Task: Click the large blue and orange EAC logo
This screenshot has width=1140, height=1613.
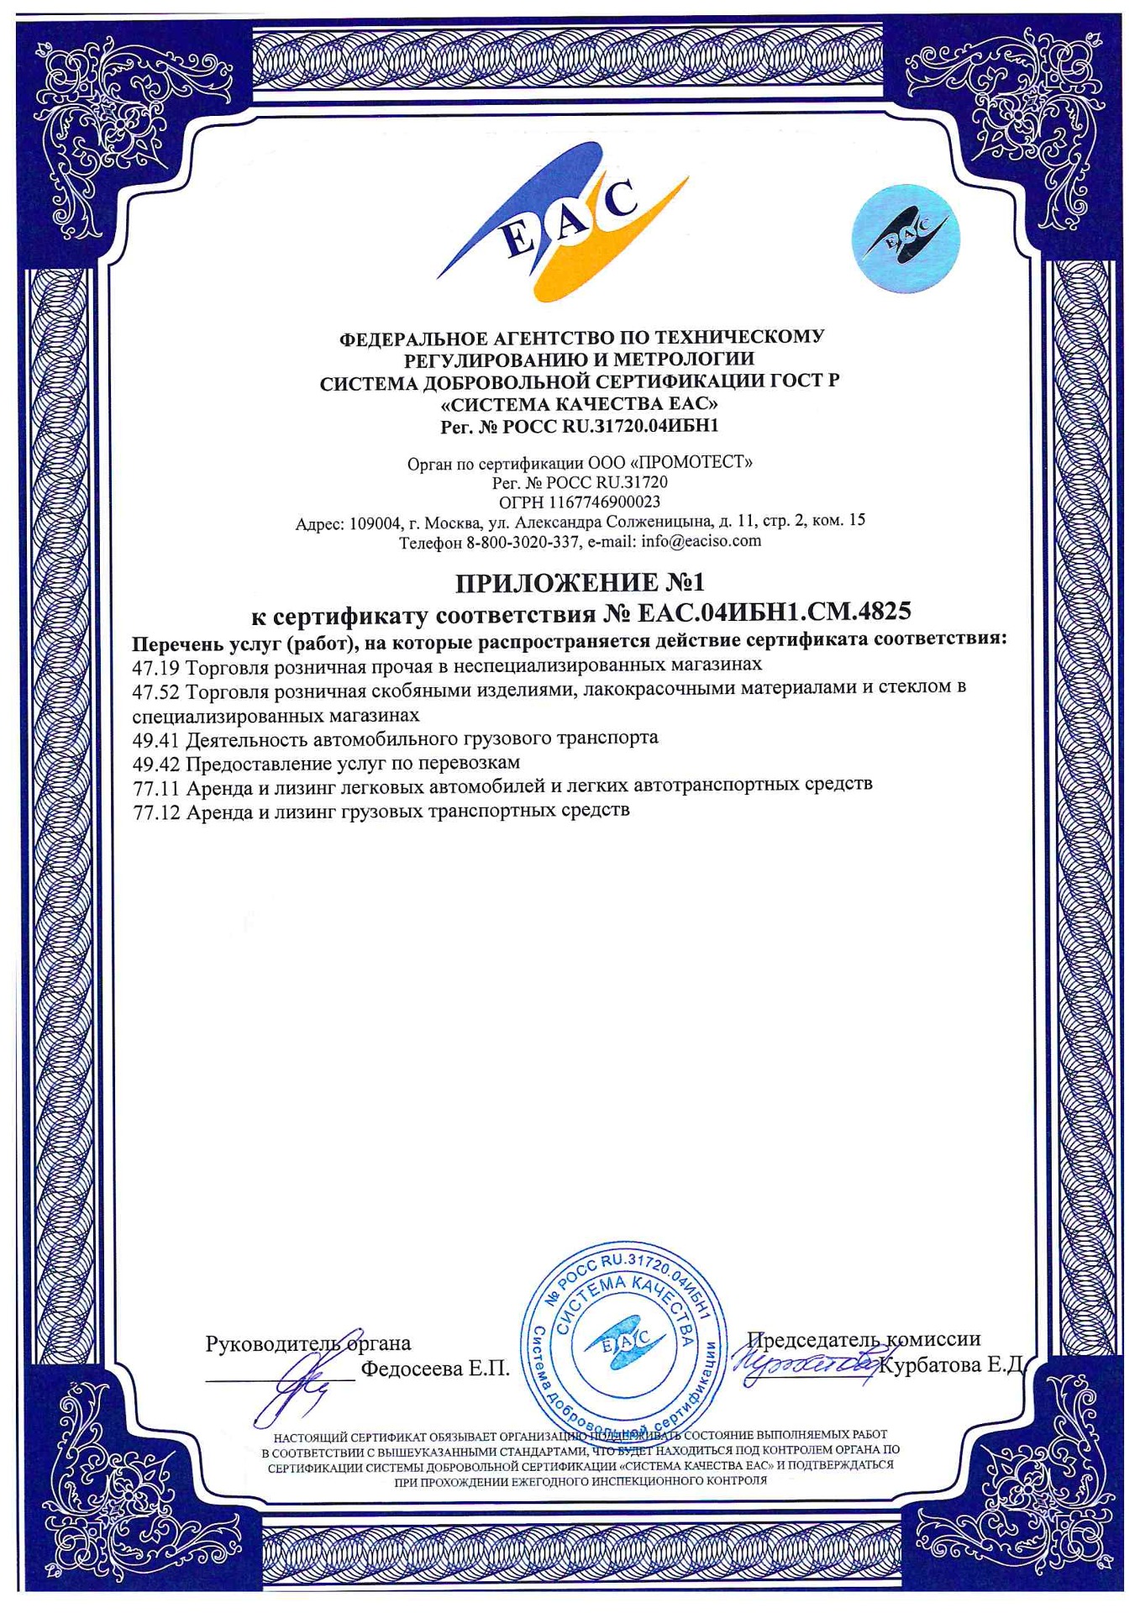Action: [x=561, y=223]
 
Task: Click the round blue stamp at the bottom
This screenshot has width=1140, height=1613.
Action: [x=623, y=1345]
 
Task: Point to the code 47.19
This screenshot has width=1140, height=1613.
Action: [x=156, y=665]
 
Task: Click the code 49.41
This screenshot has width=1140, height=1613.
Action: [x=156, y=738]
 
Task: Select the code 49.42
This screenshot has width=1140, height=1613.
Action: [x=156, y=763]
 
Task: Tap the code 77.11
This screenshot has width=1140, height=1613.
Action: [x=156, y=786]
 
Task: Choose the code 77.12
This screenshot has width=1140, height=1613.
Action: [x=156, y=812]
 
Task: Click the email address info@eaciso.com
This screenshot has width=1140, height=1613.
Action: [x=701, y=541]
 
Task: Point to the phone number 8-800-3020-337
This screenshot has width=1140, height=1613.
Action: [x=523, y=543]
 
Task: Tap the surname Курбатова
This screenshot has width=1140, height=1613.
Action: [x=931, y=1365]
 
